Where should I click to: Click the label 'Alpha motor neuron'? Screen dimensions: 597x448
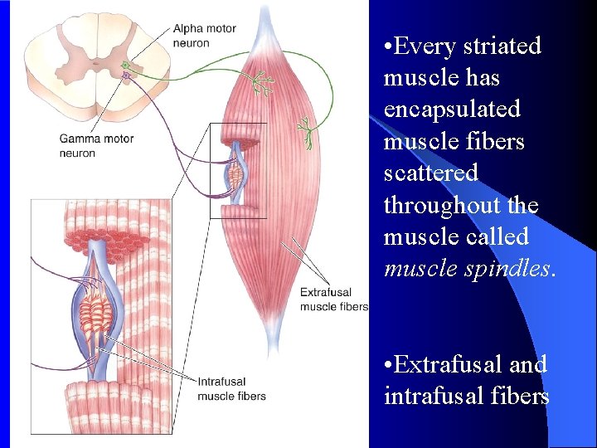tap(204, 36)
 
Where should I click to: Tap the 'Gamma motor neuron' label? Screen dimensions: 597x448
tap(96, 146)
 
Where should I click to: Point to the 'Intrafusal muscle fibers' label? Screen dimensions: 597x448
tap(231, 389)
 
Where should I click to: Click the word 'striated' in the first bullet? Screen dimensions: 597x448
tap(502, 46)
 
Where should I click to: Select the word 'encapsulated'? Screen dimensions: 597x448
tap(452, 110)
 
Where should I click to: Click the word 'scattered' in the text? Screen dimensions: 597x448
tap(430, 173)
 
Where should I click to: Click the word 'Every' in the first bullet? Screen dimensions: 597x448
tap(425, 46)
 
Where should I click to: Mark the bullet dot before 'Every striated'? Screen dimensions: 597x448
tap(388, 47)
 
